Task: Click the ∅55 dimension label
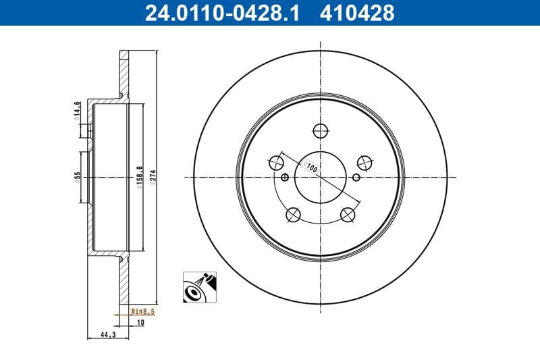[77, 178]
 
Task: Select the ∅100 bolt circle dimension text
[311, 166]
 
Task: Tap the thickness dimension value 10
[140, 323]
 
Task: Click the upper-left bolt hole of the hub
[275, 162]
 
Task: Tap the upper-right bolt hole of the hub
[365, 162]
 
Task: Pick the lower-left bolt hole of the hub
[293, 215]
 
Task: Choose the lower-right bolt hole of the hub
[348, 215]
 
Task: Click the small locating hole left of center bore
[284, 178]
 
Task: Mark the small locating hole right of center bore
[356, 178]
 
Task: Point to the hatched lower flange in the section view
[123, 280]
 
